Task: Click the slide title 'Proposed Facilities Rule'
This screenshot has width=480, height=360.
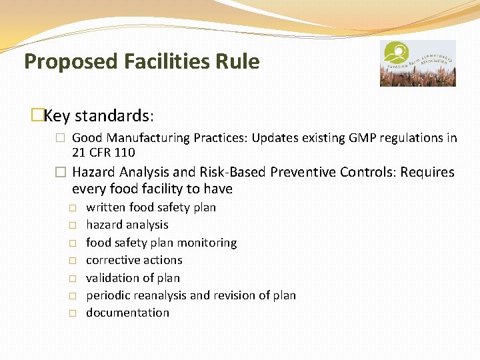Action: (x=141, y=61)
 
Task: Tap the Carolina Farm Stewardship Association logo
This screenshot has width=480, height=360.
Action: (x=417, y=63)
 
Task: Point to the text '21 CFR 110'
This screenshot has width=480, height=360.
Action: (x=103, y=153)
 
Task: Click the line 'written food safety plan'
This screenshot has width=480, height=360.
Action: (x=151, y=207)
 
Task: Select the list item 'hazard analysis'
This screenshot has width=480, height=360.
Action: (x=127, y=225)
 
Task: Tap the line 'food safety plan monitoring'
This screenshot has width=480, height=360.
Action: (x=161, y=243)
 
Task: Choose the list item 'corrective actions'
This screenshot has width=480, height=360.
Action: (x=134, y=260)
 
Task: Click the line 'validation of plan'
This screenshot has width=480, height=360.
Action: (x=133, y=278)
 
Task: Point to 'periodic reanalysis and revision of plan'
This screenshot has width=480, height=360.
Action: (x=191, y=295)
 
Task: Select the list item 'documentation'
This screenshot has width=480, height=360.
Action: (x=127, y=313)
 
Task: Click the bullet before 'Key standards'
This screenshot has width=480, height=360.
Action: (x=37, y=116)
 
